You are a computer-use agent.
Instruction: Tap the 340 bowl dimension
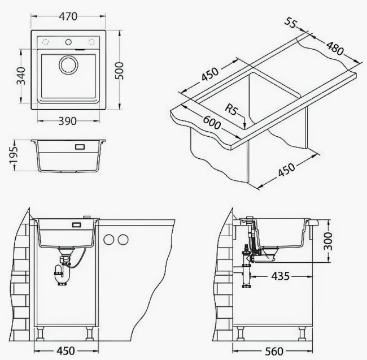tap(21, 75)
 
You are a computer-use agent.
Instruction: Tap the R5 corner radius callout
tap(232, 109)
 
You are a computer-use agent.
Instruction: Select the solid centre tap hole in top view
tap(68, 41)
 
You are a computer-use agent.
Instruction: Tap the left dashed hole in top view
tap(46, 42)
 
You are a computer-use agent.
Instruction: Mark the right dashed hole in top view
tap(91, 42)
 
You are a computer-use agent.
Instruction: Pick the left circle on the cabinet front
tap(109, 239)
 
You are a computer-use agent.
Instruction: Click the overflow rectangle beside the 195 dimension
tap(78, 147)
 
